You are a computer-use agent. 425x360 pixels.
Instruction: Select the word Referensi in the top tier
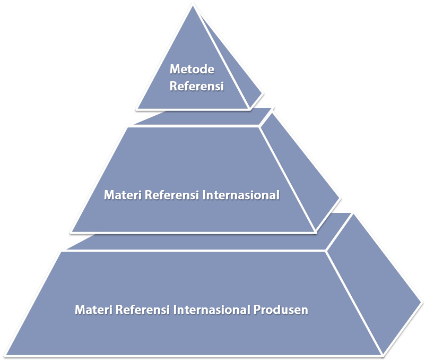pos(196,85)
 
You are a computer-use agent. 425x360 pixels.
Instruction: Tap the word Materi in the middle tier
pos(119,195)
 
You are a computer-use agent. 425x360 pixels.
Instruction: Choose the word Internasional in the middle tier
pos(241,195)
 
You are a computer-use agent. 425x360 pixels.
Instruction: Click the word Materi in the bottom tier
pos(90,309)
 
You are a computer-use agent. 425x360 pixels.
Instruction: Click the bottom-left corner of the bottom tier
pos(8,354)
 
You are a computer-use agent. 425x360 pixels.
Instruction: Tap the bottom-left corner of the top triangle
pos(137,109)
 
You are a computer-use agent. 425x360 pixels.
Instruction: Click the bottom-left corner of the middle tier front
pos(72,232)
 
